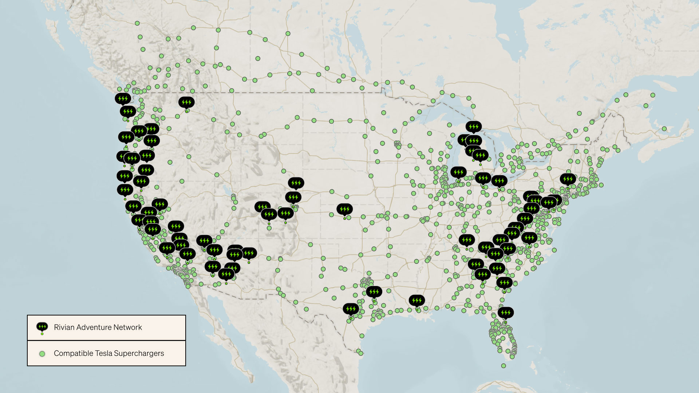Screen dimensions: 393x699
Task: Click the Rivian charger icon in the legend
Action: pyautogui.click(x=42, y=327)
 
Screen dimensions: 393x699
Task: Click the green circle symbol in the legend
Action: pyautogui.click(x=42, y=354)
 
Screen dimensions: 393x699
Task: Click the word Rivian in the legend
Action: pyautogui.click(x=64, y=327)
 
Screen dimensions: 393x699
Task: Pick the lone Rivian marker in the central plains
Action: pyautogui.click(x=344, y=210)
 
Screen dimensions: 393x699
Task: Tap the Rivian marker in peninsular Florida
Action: pyautogui.click(x=505, y=313)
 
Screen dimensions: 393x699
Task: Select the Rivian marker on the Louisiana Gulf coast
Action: pyautogui.click(x=416, y=301)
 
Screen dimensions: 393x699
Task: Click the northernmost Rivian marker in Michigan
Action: pyautogui.click(x=473, y=127)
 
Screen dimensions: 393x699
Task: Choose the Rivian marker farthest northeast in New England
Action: pyautogui.click(x=568, y=179)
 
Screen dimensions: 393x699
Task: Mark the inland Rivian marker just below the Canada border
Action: pyautogui.click(x=186, y=103)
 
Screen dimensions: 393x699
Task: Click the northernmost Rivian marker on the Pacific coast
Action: pyautogui.click(x=123, y=99)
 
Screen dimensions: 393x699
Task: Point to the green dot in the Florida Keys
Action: pyautogui.click(x=503, y=366)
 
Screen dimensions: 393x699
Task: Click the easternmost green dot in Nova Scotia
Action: pyautogui.click(x=664, y=129)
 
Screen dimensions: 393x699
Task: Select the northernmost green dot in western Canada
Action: pyautogui.click(x=137, y=23)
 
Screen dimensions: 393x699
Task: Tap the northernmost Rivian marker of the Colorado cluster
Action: pyautogui.click(x=296, y=183)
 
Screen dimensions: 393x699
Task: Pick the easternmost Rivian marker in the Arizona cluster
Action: pyautogui.click(x=249, y=253)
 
